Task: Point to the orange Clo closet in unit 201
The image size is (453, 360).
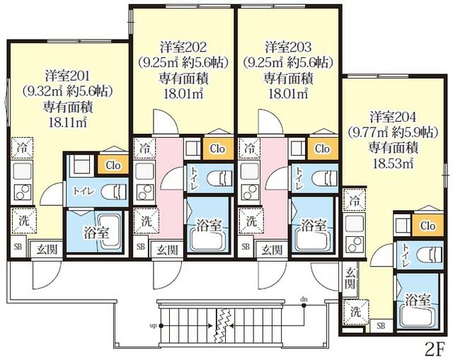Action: pyautogui.click(x=112, y=165)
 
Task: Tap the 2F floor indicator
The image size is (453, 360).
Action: pyautogui.click(x=435, y=348)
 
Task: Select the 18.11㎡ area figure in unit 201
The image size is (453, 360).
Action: pyautogui.click(x=69, y=122)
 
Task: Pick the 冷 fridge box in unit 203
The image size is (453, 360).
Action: pyautogui.click(x=249, y=149)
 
